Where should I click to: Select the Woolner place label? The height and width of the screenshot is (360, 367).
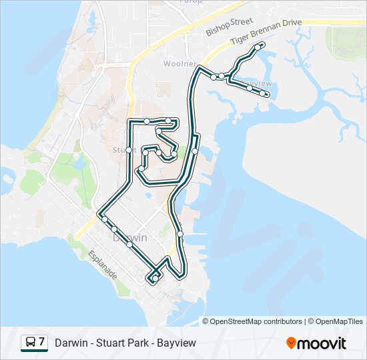pos(179,64)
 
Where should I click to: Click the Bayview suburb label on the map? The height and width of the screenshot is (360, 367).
pos(258,84)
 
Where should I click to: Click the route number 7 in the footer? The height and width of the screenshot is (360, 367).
pos(42,343)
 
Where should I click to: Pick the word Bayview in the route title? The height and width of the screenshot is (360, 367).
pos(176,343)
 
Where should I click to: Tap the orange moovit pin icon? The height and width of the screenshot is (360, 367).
pos(291,343)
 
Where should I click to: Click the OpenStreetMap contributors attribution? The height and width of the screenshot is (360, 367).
pos(256,321)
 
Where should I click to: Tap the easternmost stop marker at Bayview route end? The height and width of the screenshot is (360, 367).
pos(266,95)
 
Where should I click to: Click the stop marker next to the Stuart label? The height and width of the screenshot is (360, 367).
pos(129,150)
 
